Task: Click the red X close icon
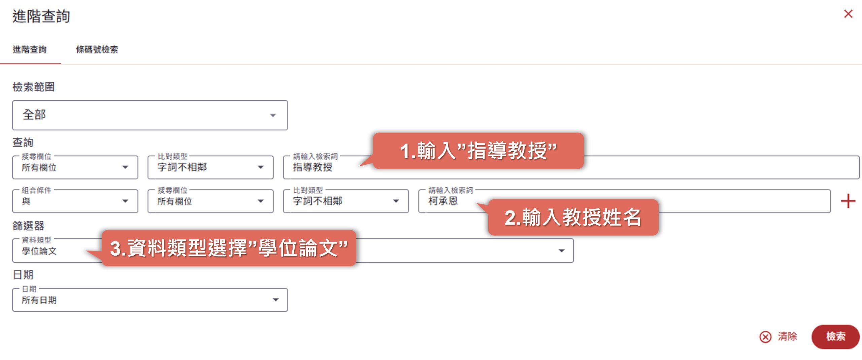[x=848, y=14]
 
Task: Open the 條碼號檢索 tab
[x=97, y=50]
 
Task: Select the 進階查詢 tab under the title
[x=30, y=50]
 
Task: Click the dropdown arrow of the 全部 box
[x=273, y=115]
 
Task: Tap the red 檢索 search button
[x=835, y=336]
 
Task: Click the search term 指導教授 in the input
[x=312, y=167]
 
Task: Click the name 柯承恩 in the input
[x=443, y=201]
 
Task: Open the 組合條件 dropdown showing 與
[x=75, y=201]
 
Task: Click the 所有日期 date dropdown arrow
[x=276, y=300]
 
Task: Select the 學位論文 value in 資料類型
[x=39, y=251]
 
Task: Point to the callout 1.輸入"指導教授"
[x=478, y=151]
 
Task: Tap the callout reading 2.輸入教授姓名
[x=573, y=217]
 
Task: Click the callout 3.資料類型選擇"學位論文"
[x=229, y=248]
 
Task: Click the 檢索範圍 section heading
[x=33, y=87]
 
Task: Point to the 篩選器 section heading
[x=28, y=226]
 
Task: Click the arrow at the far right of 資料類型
[x=561, y=251]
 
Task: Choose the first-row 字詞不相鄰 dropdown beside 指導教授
[x=210, y=167]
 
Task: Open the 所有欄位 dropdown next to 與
[x=210, y=201]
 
